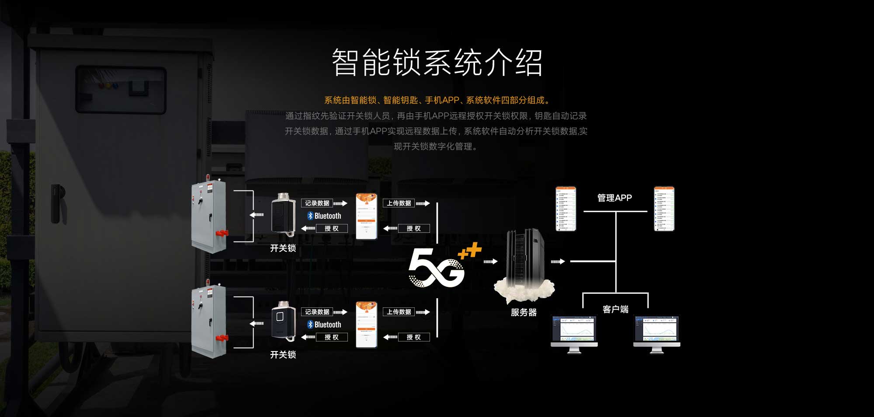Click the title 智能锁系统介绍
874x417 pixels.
point(437,62)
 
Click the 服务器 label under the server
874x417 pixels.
point(524,312)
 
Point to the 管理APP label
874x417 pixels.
point(614,198)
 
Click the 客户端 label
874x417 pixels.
point(615,309)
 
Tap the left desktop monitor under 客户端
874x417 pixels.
point(574,333)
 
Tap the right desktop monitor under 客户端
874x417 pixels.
point(656,333)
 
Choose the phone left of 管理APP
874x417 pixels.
point(566,209)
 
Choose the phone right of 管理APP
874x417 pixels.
point(664,209)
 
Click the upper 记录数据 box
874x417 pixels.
point(317,203)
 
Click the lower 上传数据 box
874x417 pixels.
point(399,312)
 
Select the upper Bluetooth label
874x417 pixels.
point(324,216)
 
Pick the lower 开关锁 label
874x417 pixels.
point(283,355)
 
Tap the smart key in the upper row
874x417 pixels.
point(283,215)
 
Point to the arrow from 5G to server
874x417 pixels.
point(490,262)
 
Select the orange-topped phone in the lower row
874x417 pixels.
point(366,325)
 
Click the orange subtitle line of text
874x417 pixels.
point(437,100)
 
